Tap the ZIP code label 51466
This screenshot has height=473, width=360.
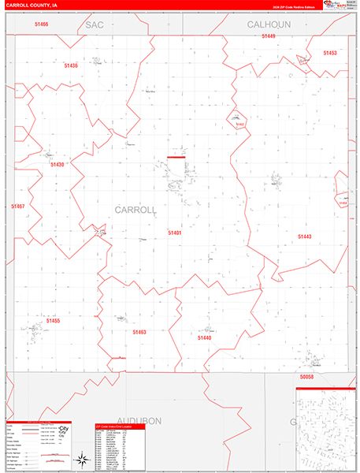tap(42, 24)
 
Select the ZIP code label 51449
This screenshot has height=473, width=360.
tap(269, 36)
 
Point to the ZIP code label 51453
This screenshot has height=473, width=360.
tap(330, 53)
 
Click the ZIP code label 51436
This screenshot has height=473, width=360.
tap(72, 65)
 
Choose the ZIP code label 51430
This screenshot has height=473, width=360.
tap(58, 164)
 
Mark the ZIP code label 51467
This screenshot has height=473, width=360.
tap(18, 206)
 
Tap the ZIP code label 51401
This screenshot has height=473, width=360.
tap(175, 233)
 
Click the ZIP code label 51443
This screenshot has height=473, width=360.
tap(305, 236)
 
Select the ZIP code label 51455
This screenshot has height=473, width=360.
tap(53, 321)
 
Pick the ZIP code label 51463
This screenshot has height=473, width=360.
tap(139, 332)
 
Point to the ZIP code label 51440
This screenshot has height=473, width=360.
tap(205, 337)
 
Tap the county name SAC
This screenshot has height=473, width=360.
tap(95, 25)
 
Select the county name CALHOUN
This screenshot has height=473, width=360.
tap(269, 25)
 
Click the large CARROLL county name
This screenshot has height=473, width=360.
tap(135, 210)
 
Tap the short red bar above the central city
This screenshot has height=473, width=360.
tap(176, 157)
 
